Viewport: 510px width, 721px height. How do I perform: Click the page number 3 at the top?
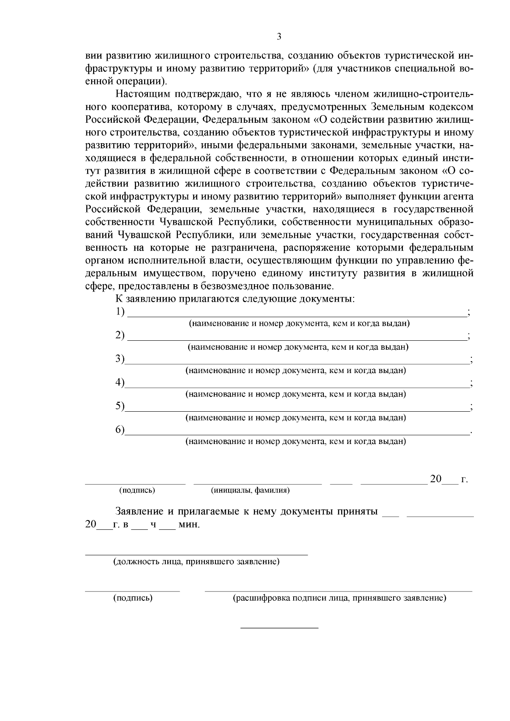tap(279, 37)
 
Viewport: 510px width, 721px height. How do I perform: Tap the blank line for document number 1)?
tap(297, 316)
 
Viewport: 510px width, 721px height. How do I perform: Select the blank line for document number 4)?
tap(297, 387)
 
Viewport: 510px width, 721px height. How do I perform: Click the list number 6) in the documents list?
tap(120, 430)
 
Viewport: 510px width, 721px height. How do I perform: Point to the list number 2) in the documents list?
tap(120, 335)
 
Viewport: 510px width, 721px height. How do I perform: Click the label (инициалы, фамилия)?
tap(250, 491)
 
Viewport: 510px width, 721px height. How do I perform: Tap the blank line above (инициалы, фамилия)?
tap(258, 483)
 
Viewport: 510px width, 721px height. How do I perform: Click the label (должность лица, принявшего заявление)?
tap(196, 562)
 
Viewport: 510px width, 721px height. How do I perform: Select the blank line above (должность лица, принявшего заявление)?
tap(196, 554)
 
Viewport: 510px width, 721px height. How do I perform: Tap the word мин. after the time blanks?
tap(189, 525)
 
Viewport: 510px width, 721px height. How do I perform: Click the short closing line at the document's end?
tap(279, 628)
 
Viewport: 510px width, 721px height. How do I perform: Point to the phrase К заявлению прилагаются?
tap(177, 298)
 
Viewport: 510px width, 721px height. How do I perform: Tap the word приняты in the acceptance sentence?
tap(357, 512)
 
